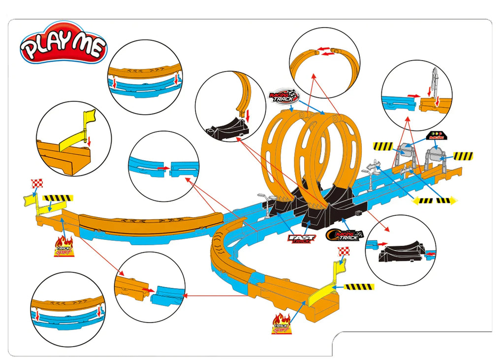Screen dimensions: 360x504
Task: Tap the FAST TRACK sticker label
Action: tap(301, 239)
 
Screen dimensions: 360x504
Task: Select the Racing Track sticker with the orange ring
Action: tap(344, 235)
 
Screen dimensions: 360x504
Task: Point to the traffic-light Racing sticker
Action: tap(436, 135)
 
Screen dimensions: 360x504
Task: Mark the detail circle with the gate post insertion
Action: tap(416, 96)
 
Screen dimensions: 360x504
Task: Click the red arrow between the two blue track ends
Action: tap(160, 168)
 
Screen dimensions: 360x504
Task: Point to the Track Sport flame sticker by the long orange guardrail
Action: tap(64, 246)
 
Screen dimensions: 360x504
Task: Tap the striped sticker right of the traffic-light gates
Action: tap(463, 156)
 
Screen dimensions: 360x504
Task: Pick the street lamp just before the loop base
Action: tap(266, 204)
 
